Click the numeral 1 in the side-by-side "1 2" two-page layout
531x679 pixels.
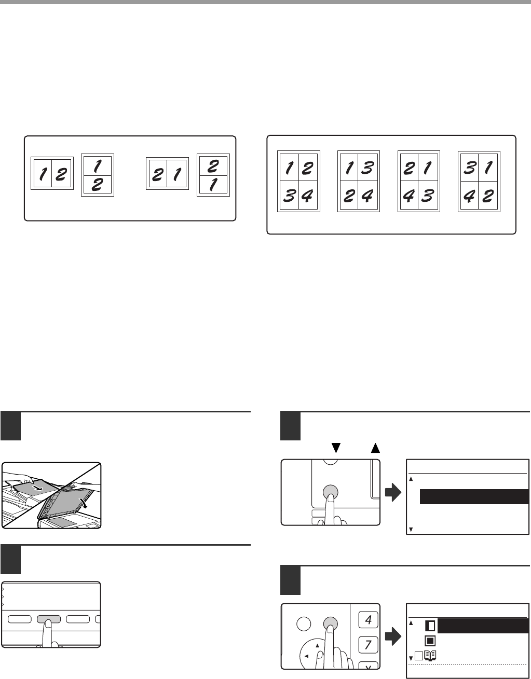coord(43,174)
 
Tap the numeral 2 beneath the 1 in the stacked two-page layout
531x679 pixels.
coord(97,184)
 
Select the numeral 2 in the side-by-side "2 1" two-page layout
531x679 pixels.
coord(157,174)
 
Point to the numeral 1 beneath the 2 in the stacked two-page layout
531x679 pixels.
coord(213,184)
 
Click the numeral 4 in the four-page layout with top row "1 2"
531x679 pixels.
coord(307,196)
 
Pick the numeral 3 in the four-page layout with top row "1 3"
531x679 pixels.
coord(367,168)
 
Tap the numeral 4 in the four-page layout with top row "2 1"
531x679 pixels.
coord(409,196)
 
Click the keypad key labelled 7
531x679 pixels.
coord(368,645)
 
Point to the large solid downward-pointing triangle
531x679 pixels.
coord(336,448)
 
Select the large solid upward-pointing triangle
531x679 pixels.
coord(375,448)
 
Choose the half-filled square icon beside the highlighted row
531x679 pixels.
coord(430,626)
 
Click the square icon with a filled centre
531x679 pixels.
coord(430,641)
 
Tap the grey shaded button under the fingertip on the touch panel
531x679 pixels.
coord(49,619)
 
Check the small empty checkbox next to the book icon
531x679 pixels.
coord(419,656)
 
